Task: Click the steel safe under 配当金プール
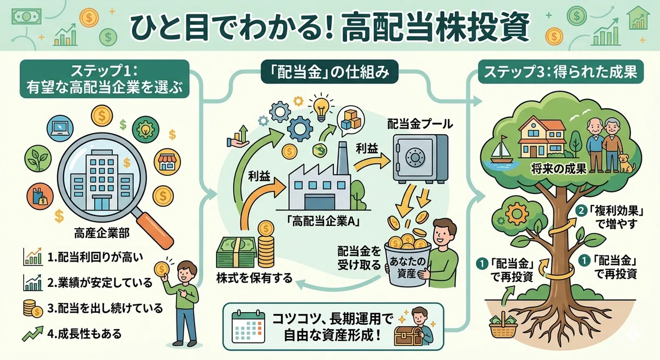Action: pyautogui.click(x=421, y=159)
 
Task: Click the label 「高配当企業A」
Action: pyautogui.click(x=323, y=221)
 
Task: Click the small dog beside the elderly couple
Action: pyautogui.click(x=626, y=163)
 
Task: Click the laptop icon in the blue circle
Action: pyautogui.click(x=60, y=129)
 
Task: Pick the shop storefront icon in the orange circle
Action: pyautogui.click(x=167, y=162)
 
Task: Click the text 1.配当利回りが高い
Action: pyautogui.click(x=95, y=257)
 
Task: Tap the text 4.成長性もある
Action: pyautogui.click(x=84, y=334)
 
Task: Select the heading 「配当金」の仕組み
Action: pyautogui.click(x=329, y=73)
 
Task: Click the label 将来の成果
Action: pyautogui.click(x=559, y=169)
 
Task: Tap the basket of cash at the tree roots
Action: pyautogui.click(x=503, y=326)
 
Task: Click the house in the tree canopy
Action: pyautogui.click(x=542, y=136)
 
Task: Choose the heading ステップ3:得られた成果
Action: pyautogui.click(x=560, y=72)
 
